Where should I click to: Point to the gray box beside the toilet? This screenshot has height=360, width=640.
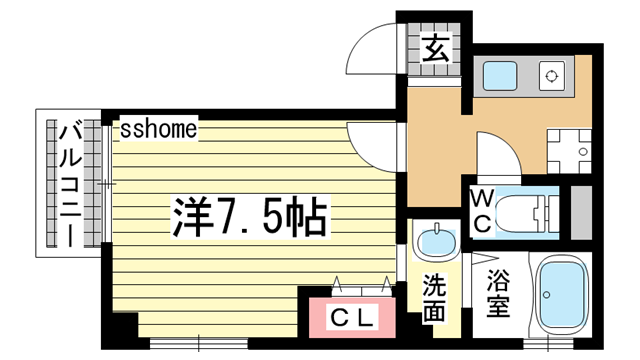[x=581, y=210]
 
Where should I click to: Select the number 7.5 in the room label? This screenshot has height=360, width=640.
[x=237, y=213]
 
